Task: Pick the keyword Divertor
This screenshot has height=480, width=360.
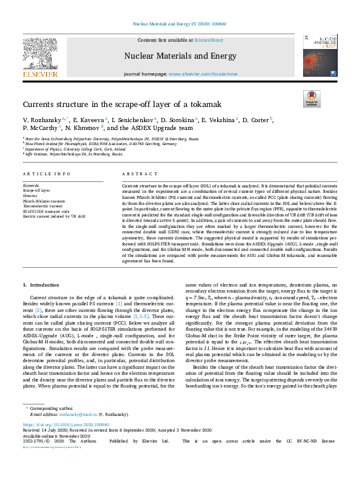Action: click(30, 195)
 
